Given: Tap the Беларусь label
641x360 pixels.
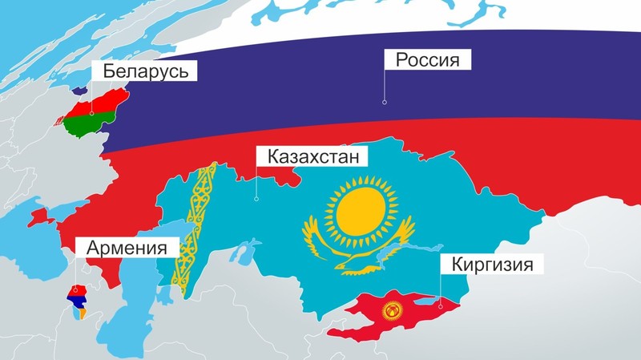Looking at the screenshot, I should pos(144,71).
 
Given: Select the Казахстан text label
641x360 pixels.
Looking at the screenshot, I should pos(313,155).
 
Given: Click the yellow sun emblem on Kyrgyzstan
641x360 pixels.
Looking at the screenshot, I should pos(393,310).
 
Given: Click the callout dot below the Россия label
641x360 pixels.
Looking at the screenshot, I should pos(385,102).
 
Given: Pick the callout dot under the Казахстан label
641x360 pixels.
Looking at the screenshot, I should pos(256,199).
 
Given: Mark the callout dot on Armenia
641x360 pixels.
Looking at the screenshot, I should pos(74,290).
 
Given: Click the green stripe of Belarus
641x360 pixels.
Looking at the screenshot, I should pos(84,124).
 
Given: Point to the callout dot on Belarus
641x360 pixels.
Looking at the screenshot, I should pos(92,113).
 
